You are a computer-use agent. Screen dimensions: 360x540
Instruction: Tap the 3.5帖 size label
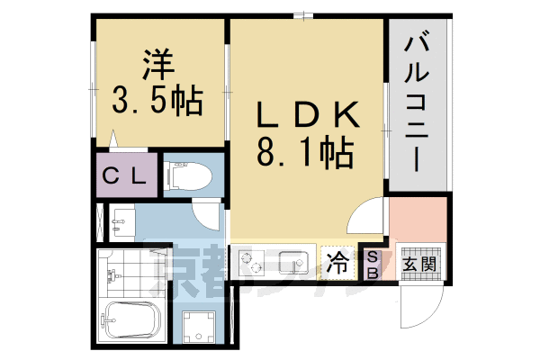tap(157, 98)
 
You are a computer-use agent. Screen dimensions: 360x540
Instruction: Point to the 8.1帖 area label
tap(305, 153)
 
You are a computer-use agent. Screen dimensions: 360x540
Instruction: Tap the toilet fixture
tap(187, 176)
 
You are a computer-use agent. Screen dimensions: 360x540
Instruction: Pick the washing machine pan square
tap(200, 326)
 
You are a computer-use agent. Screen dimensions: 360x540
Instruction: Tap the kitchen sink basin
tap(294, 264)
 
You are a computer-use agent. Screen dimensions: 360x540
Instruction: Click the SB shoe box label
tap(370, 264)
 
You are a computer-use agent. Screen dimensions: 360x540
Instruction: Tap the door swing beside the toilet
tap(209, 216)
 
